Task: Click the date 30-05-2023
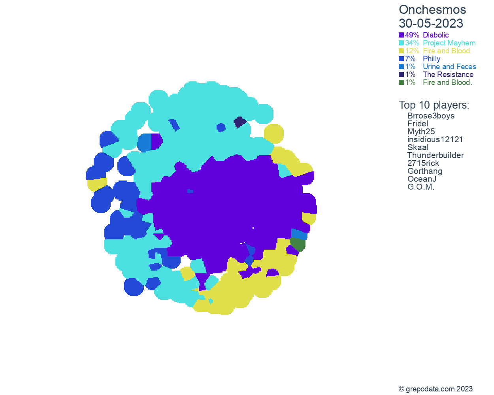coord(431,23)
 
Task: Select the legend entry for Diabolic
coord(436,35)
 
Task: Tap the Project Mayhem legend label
coord(449,43)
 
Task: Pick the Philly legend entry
coord(431,59)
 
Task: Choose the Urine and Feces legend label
coord(449,67)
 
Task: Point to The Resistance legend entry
coord(448,75)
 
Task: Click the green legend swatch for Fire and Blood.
coord(402,83)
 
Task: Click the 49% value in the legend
coord(412,35)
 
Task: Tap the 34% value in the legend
coord(412,43)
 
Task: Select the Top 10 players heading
coord(434,105)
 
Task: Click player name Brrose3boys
coord(431,116)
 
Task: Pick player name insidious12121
coord(435,139)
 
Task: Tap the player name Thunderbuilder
coord(436,155)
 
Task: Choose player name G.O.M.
coord(420,187)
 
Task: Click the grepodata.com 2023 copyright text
coord(436,389)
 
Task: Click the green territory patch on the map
coord(298,245)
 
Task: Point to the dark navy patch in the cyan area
coord(239,122)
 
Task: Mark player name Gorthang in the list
coord(425,171)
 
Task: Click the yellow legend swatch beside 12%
coord(402,51)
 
